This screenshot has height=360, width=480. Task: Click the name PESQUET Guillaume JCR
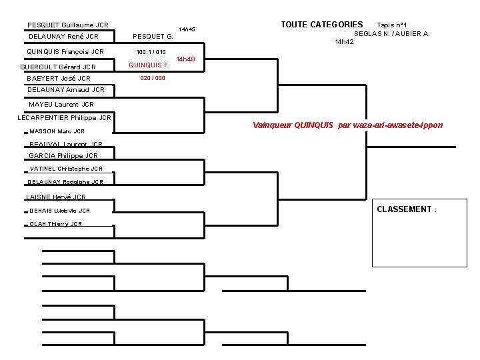[68, 25]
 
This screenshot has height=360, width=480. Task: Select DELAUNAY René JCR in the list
[64, 37]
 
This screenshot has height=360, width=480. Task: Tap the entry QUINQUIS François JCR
[65, 51]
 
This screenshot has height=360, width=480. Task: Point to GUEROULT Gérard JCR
[58, 67]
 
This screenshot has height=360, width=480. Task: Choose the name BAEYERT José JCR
[59, 79]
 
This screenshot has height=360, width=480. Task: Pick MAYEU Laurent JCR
[61, 104]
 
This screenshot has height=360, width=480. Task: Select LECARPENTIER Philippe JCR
[64, 118]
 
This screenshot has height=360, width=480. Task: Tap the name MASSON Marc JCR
[57, 131]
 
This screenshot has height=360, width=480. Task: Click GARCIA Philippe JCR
[63, 155]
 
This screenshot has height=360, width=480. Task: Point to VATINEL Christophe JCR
[65, 169]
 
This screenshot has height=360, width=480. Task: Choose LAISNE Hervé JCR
[56, 197]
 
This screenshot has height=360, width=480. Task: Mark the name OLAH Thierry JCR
[56, 224]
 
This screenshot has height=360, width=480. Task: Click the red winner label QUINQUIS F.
[149, 65]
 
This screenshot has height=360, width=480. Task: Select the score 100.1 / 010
[151, 51]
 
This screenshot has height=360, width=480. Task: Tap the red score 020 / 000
[153, 78]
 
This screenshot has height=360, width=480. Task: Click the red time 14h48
[185, 59]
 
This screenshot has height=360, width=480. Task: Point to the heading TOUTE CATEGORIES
[322, 25]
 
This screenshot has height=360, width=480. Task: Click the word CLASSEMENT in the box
[405, 209]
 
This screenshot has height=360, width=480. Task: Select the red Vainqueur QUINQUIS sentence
[347, 125]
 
